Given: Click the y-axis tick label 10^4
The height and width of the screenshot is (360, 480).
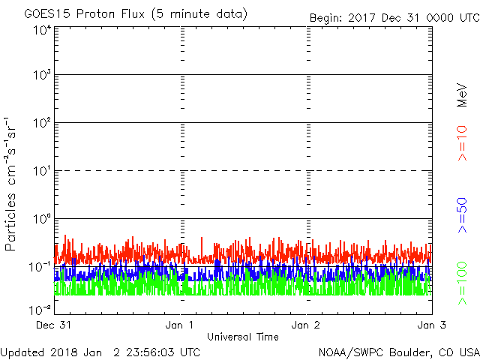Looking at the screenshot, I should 41,30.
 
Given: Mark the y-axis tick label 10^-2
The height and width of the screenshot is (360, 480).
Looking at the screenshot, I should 40,309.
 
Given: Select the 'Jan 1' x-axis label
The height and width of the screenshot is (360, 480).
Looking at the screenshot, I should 180,325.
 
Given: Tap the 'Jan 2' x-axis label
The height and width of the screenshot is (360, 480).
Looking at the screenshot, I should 306,325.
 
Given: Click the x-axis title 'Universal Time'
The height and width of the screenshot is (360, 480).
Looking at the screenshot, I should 243,337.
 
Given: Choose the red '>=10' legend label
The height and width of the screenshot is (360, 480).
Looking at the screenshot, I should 463,142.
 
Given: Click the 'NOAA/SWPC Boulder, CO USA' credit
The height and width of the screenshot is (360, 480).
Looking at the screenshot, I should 398,352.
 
